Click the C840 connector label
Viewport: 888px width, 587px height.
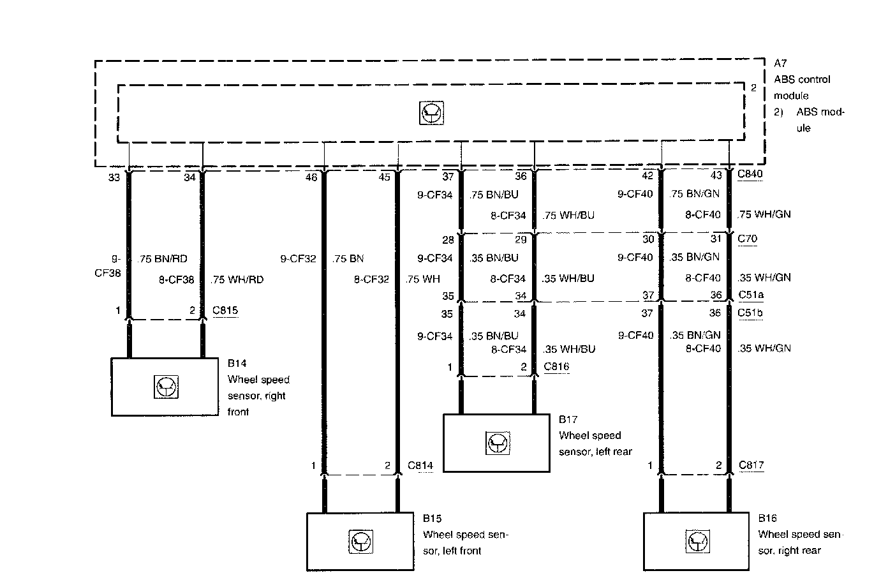pos(750,174)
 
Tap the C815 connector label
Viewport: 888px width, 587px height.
pos(225,311)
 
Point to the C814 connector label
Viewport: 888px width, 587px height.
pos(420,466)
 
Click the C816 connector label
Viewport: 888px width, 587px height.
pos(556,367)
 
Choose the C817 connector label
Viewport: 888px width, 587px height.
pos(751,465)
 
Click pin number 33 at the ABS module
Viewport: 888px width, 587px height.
pos(114,177)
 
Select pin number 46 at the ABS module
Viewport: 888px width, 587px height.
pos(311,177)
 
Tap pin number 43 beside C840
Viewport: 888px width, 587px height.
pos(716,175)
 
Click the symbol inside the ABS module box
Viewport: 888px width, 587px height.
pos(432,114)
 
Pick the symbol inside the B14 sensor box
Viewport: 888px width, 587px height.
pos(166,387)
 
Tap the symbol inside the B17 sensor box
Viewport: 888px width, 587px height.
pos(498,443)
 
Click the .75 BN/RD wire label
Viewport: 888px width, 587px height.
pos(163,259)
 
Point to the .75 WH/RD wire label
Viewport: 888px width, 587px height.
pos(237,279)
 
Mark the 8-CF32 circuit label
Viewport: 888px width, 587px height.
pos(371,279)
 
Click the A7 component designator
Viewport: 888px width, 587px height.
pos(780,63)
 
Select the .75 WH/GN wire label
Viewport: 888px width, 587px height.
pos(764,214)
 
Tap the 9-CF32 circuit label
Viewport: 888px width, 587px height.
pos(298,259)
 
